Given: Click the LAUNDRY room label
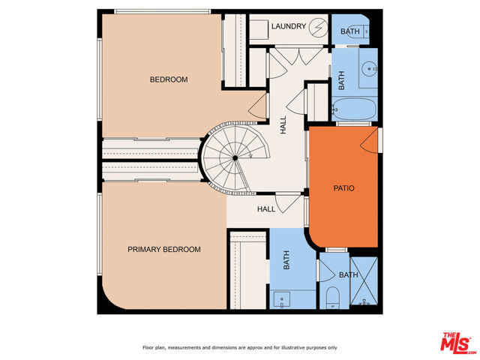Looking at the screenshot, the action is [x=289, y=26].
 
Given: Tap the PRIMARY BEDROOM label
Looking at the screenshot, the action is [x=164, y=250].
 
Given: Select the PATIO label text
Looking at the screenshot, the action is [x=343, y=188].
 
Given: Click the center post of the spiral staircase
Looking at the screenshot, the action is [x=235, y=158].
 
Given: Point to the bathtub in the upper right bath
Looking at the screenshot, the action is [x=354, y=109].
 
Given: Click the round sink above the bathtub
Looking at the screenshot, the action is [x=369, y=69].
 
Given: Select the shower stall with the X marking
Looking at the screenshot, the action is [x=364, y=281].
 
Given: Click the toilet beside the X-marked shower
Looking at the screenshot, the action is [x=332, y=297].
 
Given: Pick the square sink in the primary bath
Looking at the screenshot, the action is [x=282, y=300].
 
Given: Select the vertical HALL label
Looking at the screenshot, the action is [x=283, y=125].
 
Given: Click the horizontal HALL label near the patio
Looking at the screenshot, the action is [x=266, y=209].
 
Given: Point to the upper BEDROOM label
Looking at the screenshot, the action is [x=169, y=79].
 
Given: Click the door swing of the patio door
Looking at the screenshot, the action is [x=369, y=140].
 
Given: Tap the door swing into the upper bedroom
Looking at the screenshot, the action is [x=256, y=105].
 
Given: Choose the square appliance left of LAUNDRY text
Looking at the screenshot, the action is [x=259, y=30].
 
